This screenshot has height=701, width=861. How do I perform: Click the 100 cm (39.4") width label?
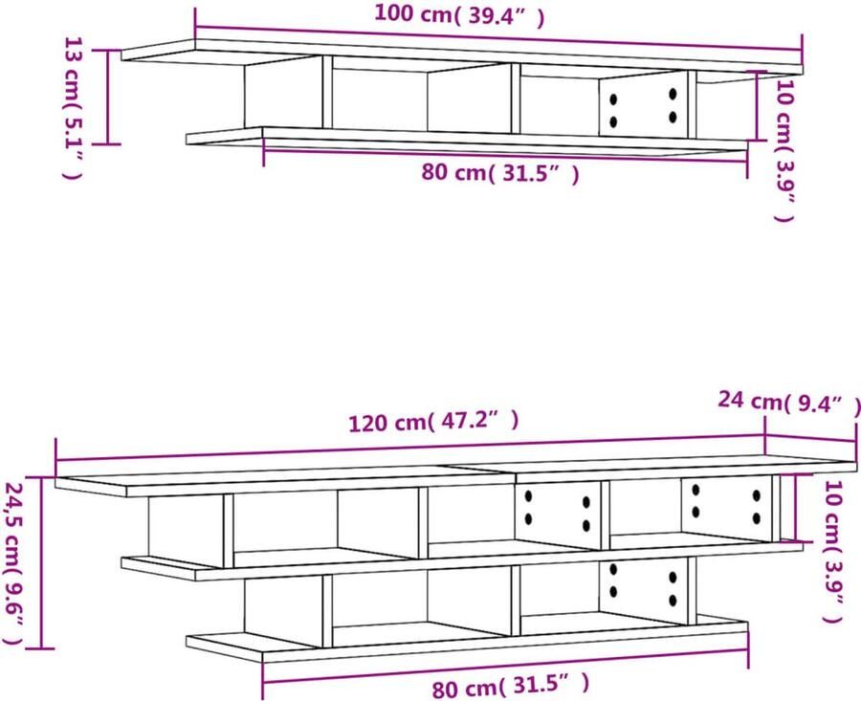point(459,14)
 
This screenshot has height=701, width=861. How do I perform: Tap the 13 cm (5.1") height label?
point(74,108)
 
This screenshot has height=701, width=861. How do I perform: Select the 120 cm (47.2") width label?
point(433,422)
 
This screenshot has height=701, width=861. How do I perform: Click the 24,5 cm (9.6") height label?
point(13,563)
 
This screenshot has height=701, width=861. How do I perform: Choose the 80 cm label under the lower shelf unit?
point(511,687)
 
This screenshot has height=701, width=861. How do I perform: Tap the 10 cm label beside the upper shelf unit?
point(785,150)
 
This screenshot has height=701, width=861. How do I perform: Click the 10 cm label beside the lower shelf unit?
point(833,552)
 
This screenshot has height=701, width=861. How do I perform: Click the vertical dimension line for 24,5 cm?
point(42,562)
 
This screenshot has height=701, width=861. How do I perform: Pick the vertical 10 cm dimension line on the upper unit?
point(758,105)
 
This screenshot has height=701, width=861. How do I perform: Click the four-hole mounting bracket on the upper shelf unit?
point(643,103)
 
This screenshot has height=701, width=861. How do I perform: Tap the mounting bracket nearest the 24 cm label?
point(725,506)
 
